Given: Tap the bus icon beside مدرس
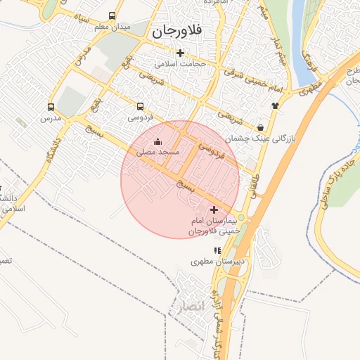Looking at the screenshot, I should (x=51, y=108).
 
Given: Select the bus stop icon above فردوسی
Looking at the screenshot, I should (x=140, y=107).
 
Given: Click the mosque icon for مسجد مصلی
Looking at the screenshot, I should (x=157, y=141).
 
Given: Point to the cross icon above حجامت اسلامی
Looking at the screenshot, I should (x=181, y=53).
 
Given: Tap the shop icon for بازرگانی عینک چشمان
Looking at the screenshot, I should (x=262, y=128).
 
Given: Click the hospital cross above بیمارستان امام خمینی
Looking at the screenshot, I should (x=214, y=210).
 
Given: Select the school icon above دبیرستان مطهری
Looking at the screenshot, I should (x=218, y=250).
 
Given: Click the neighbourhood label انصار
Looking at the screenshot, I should (x=190, y=306).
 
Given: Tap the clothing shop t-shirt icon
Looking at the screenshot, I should (x=275, y=105).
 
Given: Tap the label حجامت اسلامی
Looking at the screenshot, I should (x=182, y=64).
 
